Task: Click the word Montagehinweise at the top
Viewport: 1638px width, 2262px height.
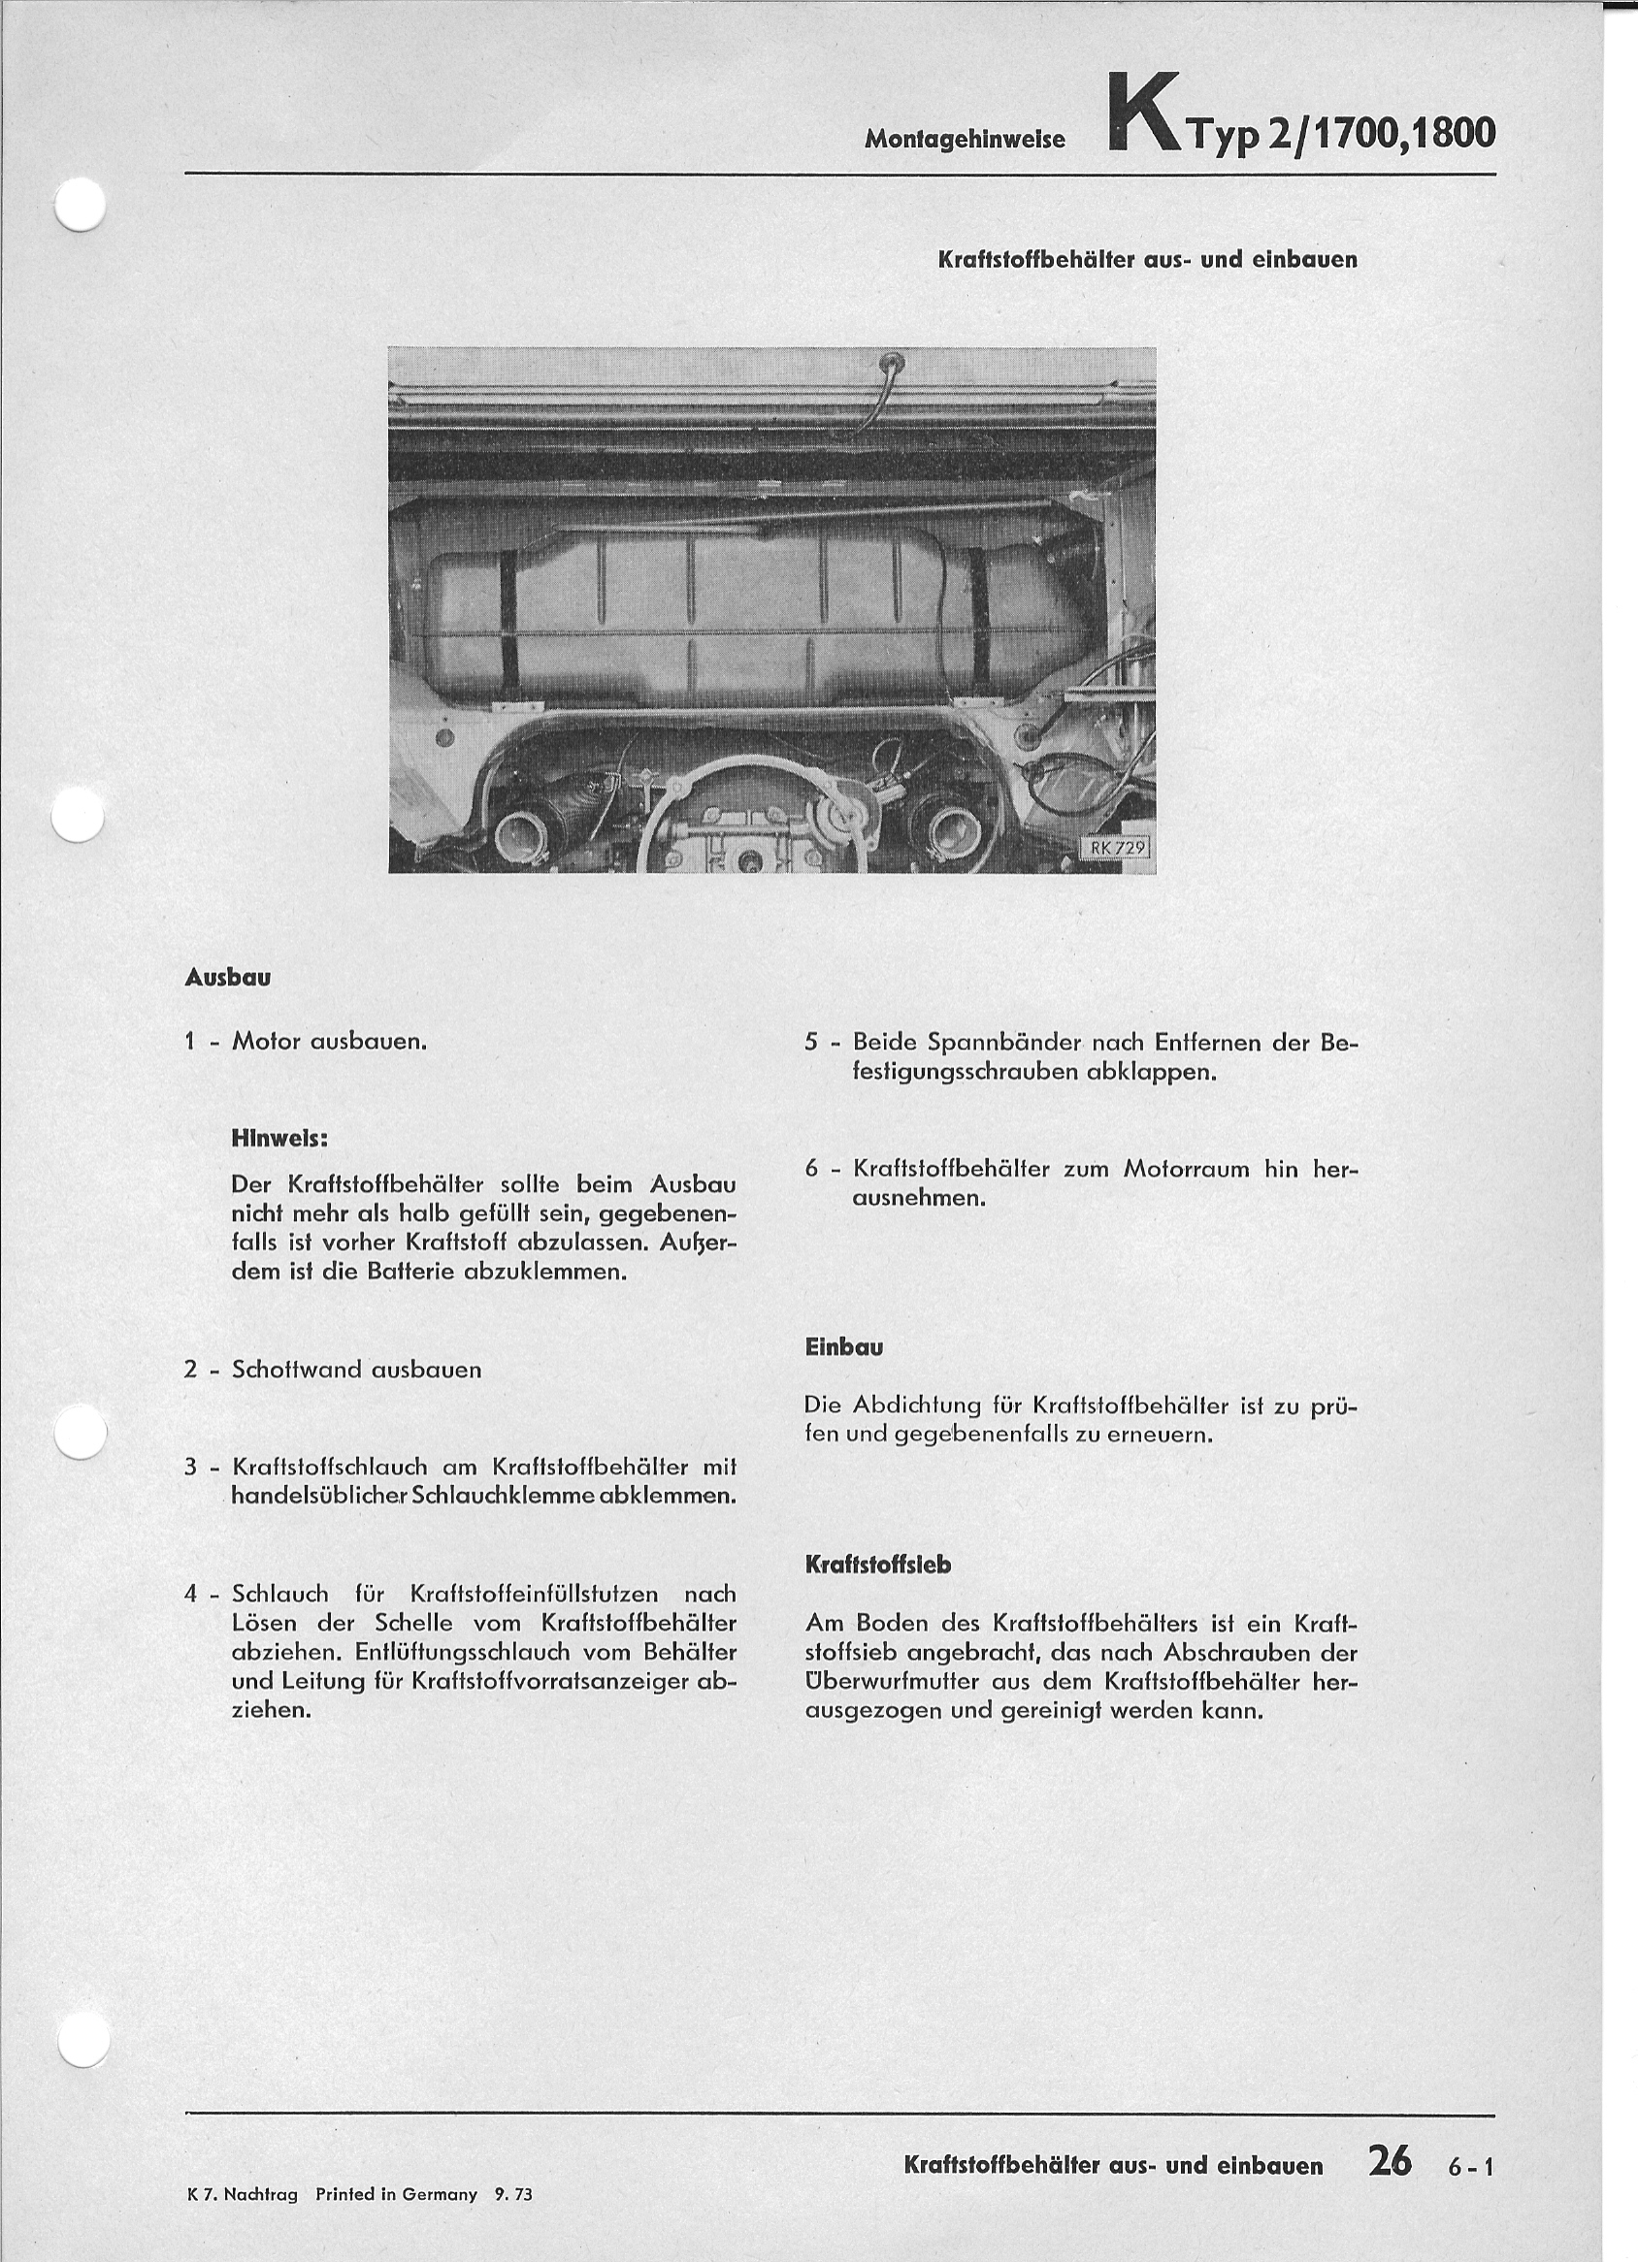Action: pyautogui.click(x=965, y=141)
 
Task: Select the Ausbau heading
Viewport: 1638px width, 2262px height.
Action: pyautogui.click(x=227, y=979)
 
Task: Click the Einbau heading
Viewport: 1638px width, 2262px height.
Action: pyautogui.click(x=844, y=1347)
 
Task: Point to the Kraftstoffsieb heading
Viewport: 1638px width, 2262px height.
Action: pyautogui.click(x=878, y=1565)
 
